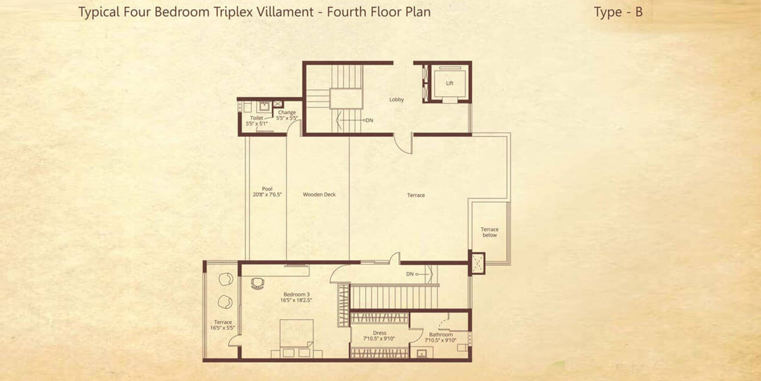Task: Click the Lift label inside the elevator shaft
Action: point(449,83)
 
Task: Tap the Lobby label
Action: point(397,100)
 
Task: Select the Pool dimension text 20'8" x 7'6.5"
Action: point(267,195)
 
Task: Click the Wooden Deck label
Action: point(319,194)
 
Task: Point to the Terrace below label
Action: point(489,232)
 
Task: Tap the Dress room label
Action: point(380,333)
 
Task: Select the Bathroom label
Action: point(441,335)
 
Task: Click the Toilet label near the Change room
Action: point(256,118)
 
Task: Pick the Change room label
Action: point(287,112)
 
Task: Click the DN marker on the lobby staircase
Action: point(369,120)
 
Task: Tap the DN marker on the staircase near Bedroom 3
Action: point(410,274)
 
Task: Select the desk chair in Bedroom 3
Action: point(257,283)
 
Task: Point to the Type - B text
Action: point(618,12)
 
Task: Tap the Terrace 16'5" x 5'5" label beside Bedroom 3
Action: point(223,325)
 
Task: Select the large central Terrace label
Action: point(416,195)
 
